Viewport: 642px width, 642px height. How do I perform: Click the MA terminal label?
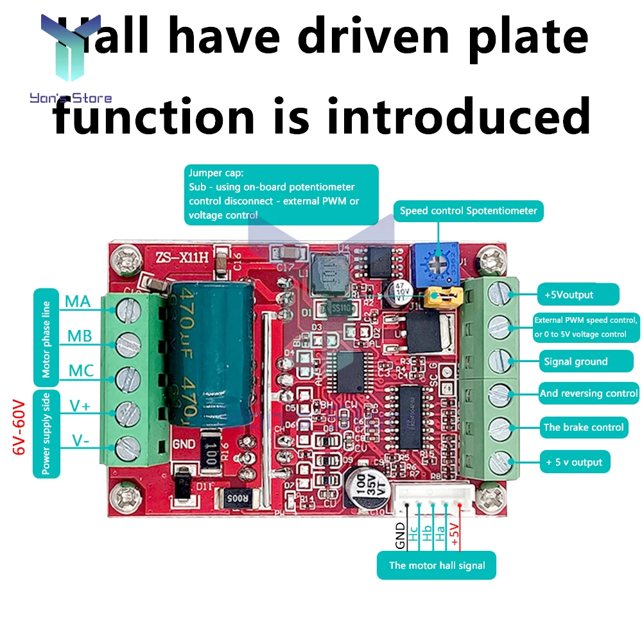[78, 300]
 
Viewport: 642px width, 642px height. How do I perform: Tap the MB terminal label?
[80, 336]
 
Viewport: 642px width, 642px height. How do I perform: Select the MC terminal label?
[81, 370]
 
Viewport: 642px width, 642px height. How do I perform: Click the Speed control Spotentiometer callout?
[468, 211]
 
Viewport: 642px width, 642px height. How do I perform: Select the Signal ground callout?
[575, 361]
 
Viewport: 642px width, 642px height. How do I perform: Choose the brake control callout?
[583, 427]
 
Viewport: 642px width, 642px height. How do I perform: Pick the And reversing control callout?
[589, 393]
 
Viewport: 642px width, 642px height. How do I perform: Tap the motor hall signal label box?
[437, 566]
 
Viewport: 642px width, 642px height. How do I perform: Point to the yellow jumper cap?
[442, 296]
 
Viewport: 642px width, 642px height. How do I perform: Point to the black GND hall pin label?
[400, 535]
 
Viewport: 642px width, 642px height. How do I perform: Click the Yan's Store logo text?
[71, 98]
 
